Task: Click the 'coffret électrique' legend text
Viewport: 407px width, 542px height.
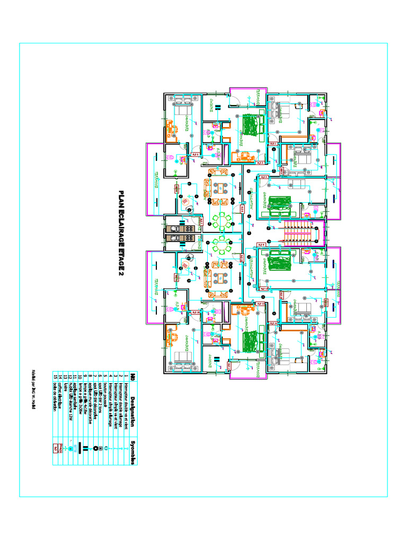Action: (60, 406)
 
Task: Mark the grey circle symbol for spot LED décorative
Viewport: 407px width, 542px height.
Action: (100, 448)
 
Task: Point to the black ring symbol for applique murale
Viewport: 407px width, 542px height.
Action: (95, 448)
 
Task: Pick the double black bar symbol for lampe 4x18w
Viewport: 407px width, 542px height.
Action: (85, 448)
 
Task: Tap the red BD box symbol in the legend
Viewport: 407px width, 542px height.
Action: (55, 448)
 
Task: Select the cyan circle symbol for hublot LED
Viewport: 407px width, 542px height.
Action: (70, 448)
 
